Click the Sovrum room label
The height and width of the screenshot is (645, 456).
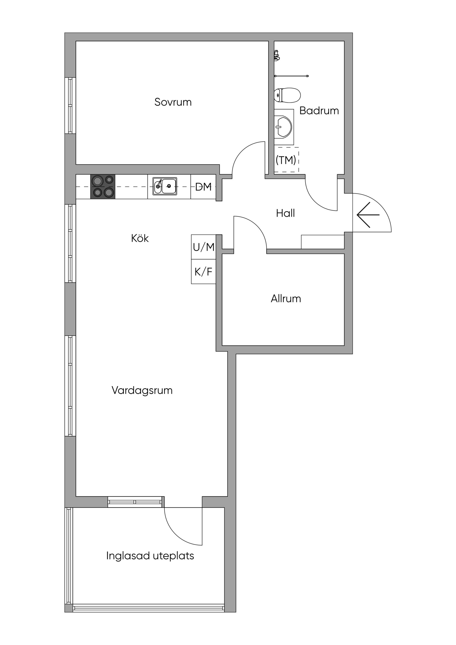[x=173, y=102]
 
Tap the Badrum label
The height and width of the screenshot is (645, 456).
[x=319, y=111]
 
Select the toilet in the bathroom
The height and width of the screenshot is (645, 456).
[x=287, y=95]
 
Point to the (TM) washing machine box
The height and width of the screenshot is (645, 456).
[x=286, y=160]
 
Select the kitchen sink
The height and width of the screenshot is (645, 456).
[x=165, y=186]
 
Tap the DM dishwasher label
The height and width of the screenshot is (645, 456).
[x=203, y=187]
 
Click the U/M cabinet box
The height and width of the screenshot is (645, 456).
[x=203, y=247]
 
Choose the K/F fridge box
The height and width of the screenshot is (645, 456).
[x=203, y=272]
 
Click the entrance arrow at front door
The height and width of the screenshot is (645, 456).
[x=368, y=215]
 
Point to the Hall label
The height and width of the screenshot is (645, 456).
[x=285, y=213]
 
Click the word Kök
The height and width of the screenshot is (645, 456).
[x=140, y=238]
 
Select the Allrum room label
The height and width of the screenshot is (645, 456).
[x=286, y=299]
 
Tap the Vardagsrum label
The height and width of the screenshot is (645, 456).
[x=142, y=390]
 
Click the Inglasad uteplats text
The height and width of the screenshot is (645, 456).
[x=150, y=556]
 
